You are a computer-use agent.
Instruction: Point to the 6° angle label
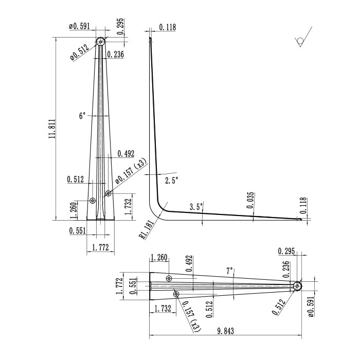[x=82, y=116]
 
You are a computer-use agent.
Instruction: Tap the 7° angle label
[x=229, y=270]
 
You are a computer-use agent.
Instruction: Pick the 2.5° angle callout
[x=171, y=181]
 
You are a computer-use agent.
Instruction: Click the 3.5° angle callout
[x=196, y=207]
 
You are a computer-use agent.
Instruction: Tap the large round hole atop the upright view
[x=101, y=41]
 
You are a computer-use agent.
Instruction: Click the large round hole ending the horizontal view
[x=297, y=286]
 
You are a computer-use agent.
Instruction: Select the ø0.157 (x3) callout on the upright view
[x=130, y=171]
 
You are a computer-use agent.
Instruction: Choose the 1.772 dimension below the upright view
[x=100, y=248]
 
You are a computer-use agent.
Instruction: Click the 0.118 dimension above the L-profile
[x=167, y=27]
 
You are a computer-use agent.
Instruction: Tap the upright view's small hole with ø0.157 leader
[x=108, y=193]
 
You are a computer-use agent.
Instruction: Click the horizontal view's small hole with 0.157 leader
[x=176, y=294]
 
